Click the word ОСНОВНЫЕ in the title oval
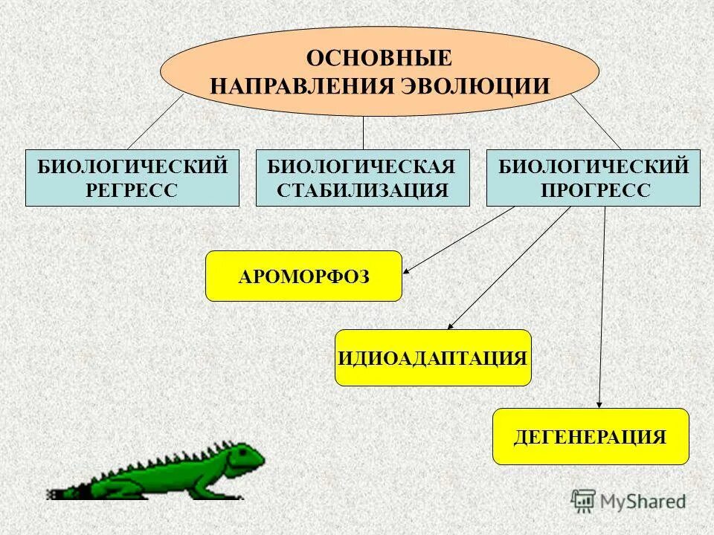click(x=379, y=57)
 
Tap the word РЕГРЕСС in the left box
click(x=132, y=190)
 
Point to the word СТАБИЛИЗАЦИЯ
click(x=363, y=190)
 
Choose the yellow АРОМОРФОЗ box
click(x=303, y=276)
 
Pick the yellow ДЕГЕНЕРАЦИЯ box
click(x=591, y=436)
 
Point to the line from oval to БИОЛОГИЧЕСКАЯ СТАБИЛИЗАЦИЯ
click(x=363, y=132)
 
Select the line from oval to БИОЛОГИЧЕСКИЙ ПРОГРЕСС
click(x=596, y=123)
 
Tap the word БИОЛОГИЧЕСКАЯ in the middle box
click(x=363, y=166)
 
